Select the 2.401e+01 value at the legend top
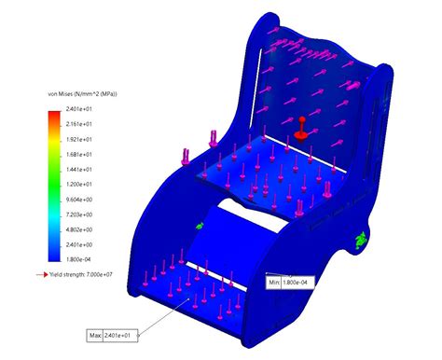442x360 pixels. (89, 110)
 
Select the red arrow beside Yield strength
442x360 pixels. (43, 275)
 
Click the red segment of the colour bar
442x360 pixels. (55, 117)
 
